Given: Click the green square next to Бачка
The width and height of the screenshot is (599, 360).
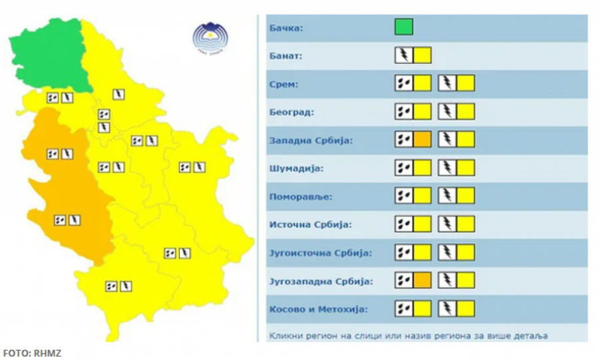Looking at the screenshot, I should click(403, 27).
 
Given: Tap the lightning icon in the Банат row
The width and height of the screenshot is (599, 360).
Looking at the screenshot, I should click(403, 55).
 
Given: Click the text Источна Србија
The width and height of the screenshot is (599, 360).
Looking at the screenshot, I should click(309, 225).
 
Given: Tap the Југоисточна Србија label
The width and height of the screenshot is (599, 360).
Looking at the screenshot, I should click(319, 254).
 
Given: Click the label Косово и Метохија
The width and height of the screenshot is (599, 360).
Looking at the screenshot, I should click(317, 309).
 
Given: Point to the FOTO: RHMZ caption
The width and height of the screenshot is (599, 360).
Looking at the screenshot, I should click(32, 353).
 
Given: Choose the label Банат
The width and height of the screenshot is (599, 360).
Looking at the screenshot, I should click(286, 56).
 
